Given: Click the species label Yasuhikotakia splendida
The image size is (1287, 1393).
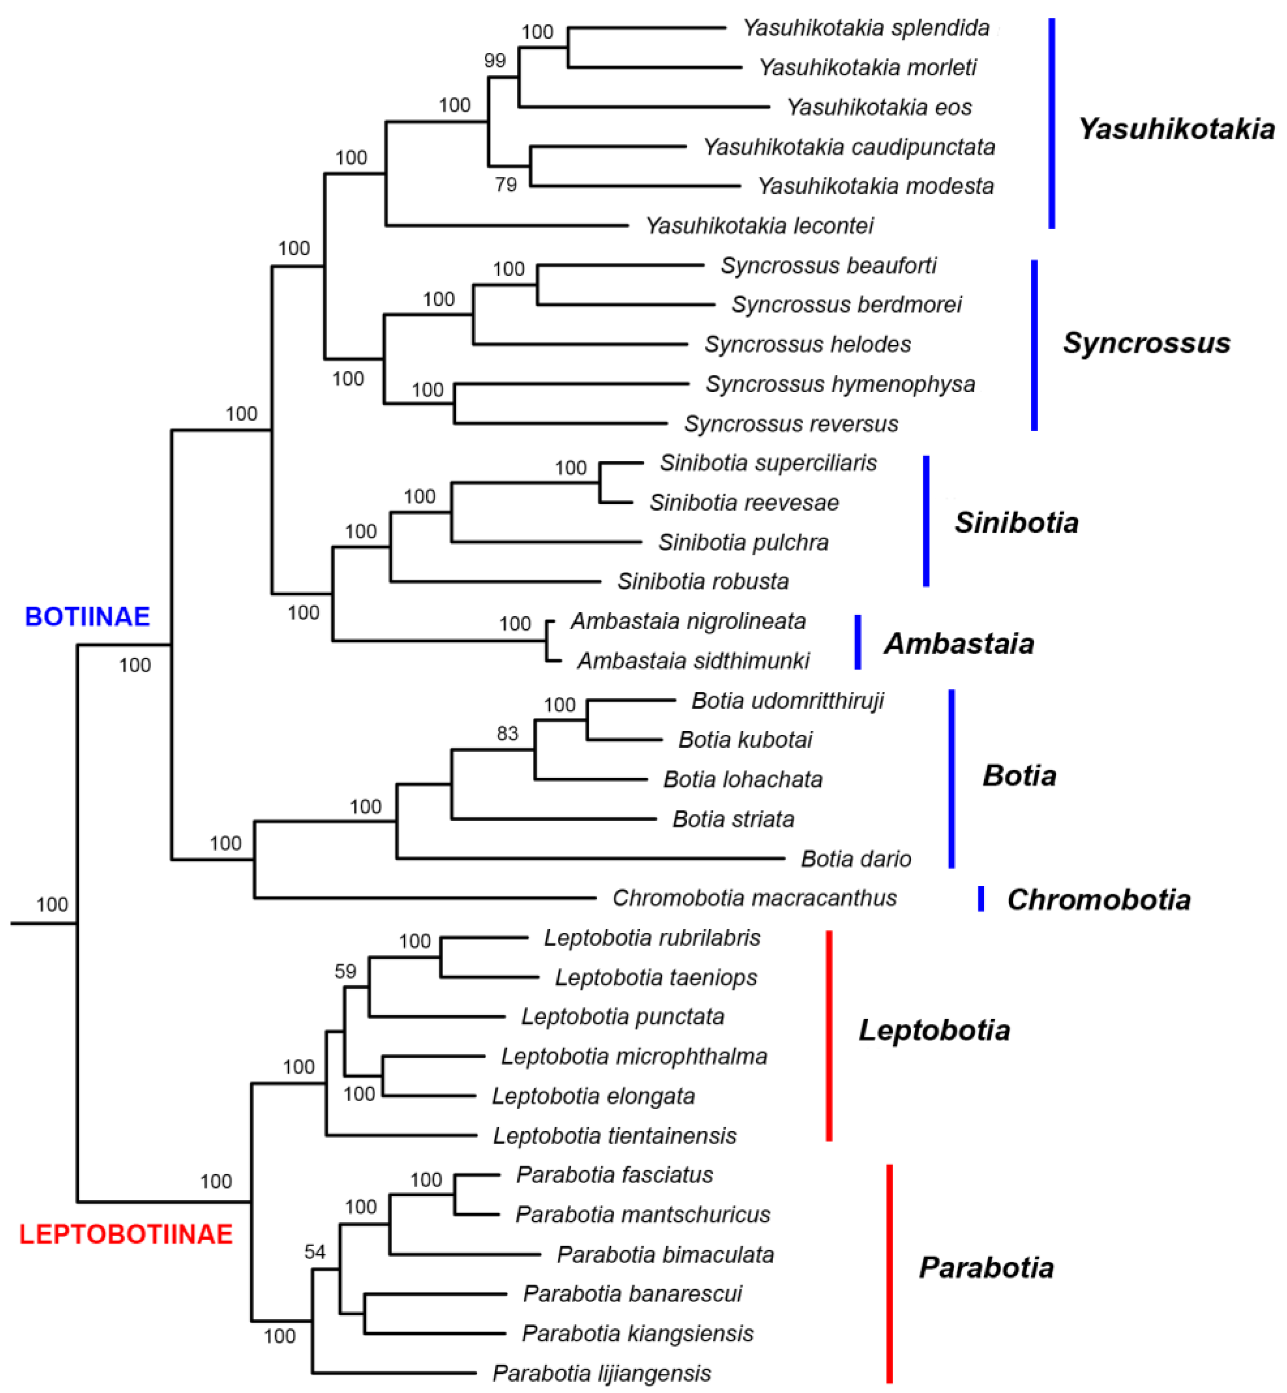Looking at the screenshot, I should pyautogui.click(x=866, y=28).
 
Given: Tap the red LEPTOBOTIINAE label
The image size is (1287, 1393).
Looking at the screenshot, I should pyautogui.click(x=126, y=1234).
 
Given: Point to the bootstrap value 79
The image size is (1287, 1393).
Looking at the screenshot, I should pyautogui.click(x=506, y=185).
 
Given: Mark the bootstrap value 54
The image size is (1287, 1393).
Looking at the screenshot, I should pyautogui.click(x=315, y=1252).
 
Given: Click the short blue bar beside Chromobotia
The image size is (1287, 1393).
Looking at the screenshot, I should pyautogui.click(x=981, y=899).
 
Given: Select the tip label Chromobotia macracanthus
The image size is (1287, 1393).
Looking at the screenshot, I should pyautogui.click(x=754, y=898).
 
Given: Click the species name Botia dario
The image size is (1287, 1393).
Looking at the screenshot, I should pyautogui.click(x=856, y=859).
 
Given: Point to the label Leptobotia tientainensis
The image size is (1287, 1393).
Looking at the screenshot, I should pyautogui.click(x=614, y=1136).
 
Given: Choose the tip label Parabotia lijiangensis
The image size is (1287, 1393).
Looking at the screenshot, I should pyautogui.click(x=602, y=1373).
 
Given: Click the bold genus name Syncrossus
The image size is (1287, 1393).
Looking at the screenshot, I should pyautogui.click(x=1146, y=343).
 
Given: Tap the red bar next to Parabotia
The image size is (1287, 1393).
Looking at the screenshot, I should pyautogui.click(x=889, y=1274).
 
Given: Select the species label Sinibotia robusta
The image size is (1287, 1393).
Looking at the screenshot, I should pyautogui.click(x=703, y=581).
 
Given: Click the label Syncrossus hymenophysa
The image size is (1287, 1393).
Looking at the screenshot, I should pyautogui.click(x=840, y=384).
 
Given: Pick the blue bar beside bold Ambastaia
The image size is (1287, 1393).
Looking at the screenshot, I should pyautogui.click(x=857, y=642).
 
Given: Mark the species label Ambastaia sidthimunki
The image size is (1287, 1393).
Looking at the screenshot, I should pyautogui.click(x=693, y=660).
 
